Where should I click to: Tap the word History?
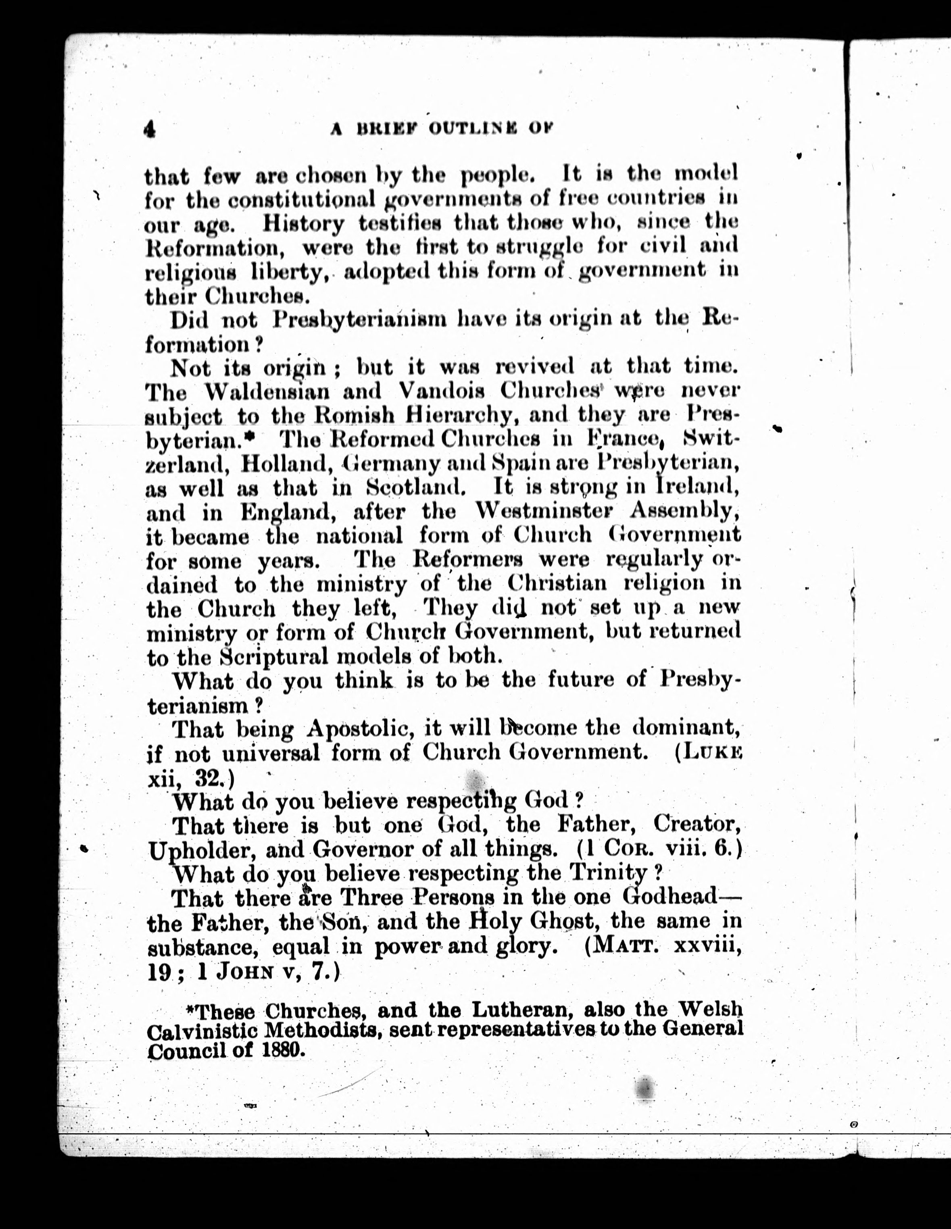(303, 224)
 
